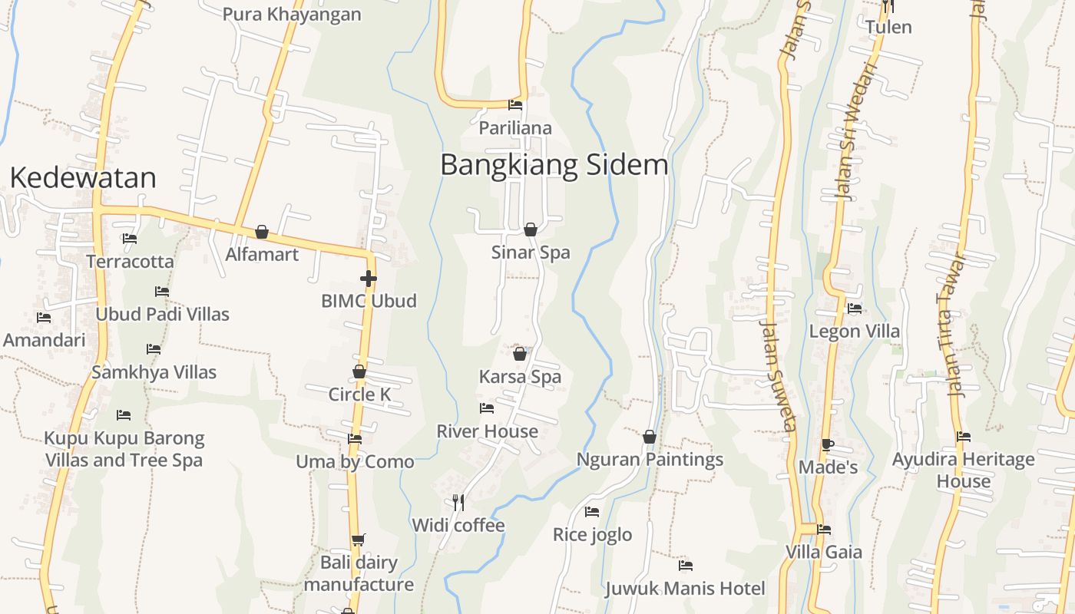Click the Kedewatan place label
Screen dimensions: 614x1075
[x=83, y=178]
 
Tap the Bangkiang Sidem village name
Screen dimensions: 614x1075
[x=554, y=165]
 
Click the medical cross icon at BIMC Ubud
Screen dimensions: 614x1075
[x=369, y=279]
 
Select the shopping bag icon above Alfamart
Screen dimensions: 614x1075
[x=262, y=232]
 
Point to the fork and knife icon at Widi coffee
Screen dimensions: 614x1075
[x=458, y=503]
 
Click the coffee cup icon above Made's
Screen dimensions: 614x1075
[x=827, y=444]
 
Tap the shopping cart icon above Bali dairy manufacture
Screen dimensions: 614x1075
[x=358, y=540]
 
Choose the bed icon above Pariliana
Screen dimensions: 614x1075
[x=515, y=105]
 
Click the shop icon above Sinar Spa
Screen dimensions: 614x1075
[x=530, y=229]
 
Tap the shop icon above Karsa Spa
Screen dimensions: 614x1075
[x=520, y=354]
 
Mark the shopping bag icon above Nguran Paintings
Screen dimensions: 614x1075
[x=650, y=437]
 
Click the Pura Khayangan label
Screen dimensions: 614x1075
[x=292, y=15]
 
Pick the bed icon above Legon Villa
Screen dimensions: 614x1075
[x=854, y=309]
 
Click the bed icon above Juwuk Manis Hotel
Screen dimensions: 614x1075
[x=686, y=566]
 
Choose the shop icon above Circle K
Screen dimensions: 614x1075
[x=359, y=372]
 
